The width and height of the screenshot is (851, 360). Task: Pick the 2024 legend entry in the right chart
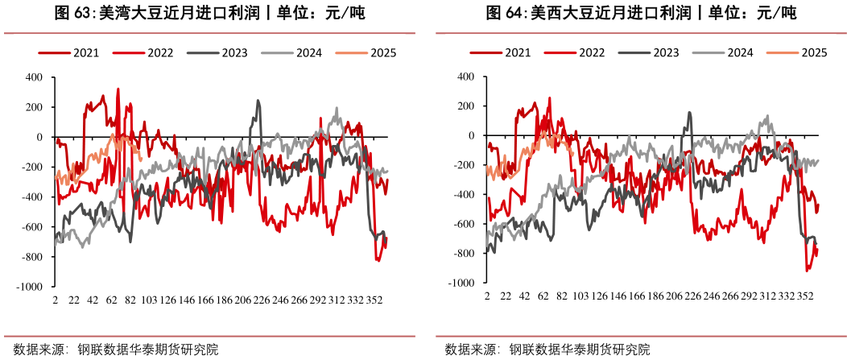point(739,53)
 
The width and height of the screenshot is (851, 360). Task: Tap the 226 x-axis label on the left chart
point(262,300)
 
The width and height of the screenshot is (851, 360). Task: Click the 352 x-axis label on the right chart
point(806,297)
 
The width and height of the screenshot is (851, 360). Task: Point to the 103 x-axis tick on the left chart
point(148,300)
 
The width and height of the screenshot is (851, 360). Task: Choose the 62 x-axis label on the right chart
point(543,297)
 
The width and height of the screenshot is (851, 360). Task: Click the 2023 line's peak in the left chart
point(258,101)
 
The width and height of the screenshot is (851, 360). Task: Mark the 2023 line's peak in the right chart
point(689,113)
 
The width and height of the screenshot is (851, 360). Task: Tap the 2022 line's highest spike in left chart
point(118,89)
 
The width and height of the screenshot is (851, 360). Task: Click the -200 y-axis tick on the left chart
point(33,168)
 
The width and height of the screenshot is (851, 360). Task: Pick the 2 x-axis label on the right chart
point(486,297)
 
